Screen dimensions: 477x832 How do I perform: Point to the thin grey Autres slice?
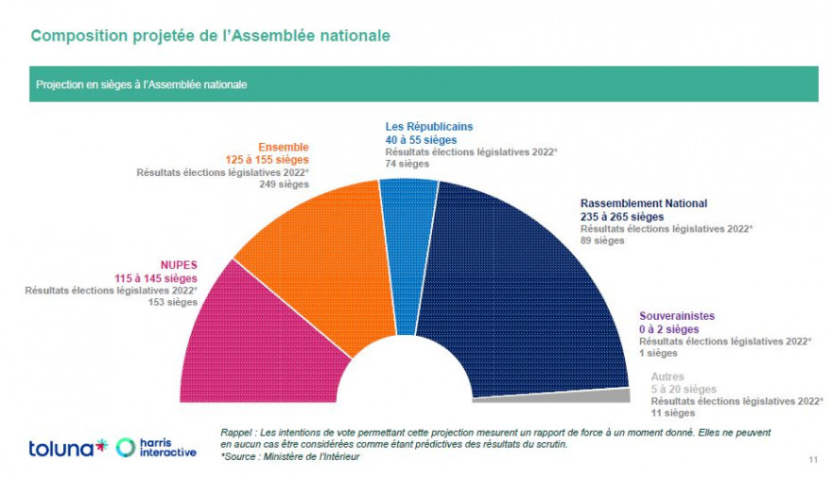click(605, 396)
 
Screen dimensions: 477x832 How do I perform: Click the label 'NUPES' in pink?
click(178, 265)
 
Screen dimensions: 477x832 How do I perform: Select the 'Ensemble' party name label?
click(284, 148)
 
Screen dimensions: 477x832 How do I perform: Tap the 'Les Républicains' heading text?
click(428, 126)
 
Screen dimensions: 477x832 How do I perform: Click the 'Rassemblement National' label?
click(643, 203)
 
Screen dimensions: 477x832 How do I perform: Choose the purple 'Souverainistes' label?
click(676, 316)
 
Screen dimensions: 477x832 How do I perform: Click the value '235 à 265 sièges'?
click(624, 217)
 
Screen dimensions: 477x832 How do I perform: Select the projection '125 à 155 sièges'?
click(269, 160)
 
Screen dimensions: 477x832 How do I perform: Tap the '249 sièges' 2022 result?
click(284, 185)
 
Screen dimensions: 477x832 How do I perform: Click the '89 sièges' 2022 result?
click(602, 240)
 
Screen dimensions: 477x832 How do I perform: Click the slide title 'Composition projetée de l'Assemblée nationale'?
click(210, 36)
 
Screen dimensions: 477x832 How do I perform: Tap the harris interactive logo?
click(157, 448)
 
